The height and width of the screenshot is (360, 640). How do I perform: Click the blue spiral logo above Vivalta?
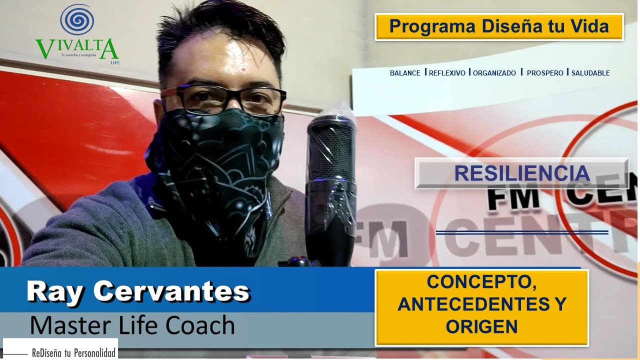[77, 20]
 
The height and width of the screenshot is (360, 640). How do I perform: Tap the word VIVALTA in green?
[77, 48]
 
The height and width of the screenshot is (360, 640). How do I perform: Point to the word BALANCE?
[405, 73]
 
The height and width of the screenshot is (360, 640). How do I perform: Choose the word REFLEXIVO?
[447, 73]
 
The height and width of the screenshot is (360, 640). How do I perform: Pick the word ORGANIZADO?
[494, 73]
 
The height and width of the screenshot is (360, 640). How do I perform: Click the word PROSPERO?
[545, 73]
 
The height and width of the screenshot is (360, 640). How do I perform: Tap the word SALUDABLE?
[590, 73]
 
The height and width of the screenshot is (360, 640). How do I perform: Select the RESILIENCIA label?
[521, 173]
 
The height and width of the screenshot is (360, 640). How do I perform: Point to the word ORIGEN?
[481, 326]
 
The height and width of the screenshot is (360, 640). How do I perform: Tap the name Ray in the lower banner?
[55, 291]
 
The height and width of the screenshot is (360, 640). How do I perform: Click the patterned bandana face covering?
[220, 165]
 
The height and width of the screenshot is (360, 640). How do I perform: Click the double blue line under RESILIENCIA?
[522, 232]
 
